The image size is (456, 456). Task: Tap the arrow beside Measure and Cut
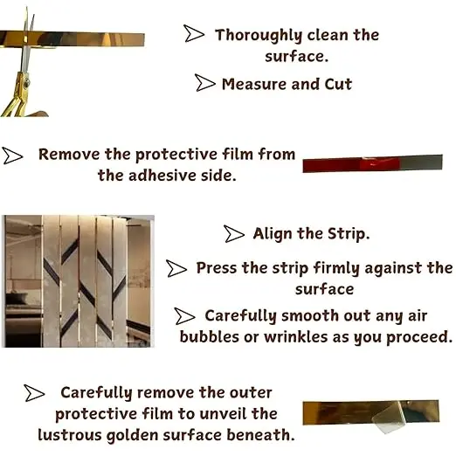tap(205, 83)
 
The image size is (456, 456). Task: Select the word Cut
tap(338, 84)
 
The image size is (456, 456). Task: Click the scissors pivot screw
tap(26, 84)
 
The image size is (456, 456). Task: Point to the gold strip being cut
tap(73, 39)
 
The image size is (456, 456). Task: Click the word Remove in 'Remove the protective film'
tap(69, 154)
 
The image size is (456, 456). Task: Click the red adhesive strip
tap(372, 163)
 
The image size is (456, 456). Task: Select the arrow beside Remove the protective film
tap(12, 155)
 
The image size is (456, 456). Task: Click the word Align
tap(273, 234)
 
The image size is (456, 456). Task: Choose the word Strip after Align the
tap(349, 234)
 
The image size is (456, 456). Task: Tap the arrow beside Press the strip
tap(176, 268)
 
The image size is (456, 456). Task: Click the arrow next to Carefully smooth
tap(184, 316)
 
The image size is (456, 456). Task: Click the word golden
tap(132, 436)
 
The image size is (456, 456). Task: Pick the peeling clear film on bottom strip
tap(387, 418)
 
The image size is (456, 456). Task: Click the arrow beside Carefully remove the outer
tap(35, 393)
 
